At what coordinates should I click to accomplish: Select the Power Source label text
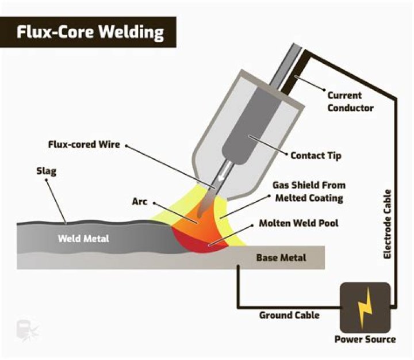[365, 339]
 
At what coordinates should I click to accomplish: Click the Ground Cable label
[289, 315]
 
